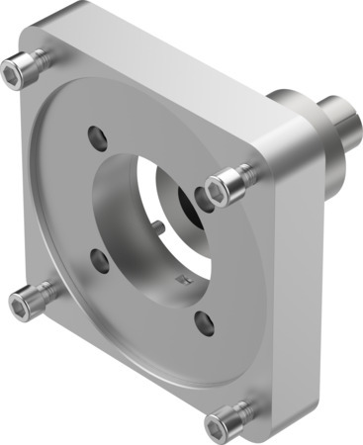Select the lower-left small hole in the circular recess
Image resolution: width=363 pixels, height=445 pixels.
coord(98,260)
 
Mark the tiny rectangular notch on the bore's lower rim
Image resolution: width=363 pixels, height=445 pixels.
coord(179,285)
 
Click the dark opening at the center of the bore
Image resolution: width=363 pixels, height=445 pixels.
coord(188,206)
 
